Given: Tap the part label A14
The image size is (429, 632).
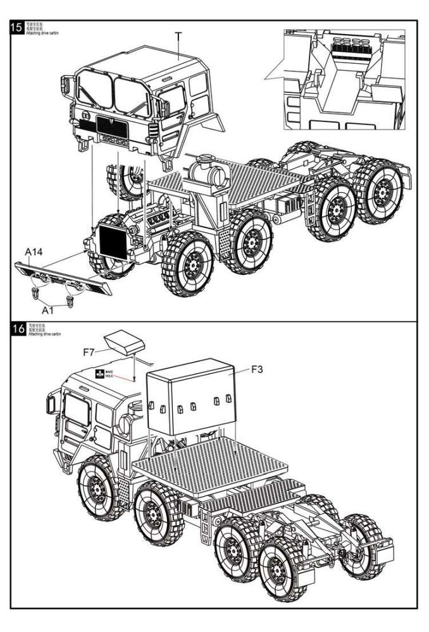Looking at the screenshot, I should pyautogui.click(x=34, y=252).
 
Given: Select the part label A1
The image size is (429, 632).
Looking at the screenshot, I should pyautogui.click(x=49, y=310).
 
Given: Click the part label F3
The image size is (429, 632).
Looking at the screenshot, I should pyautogui.click(x=257, y=369).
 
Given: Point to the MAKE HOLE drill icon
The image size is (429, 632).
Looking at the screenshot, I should pyautogui.click(x=99, y=374).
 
